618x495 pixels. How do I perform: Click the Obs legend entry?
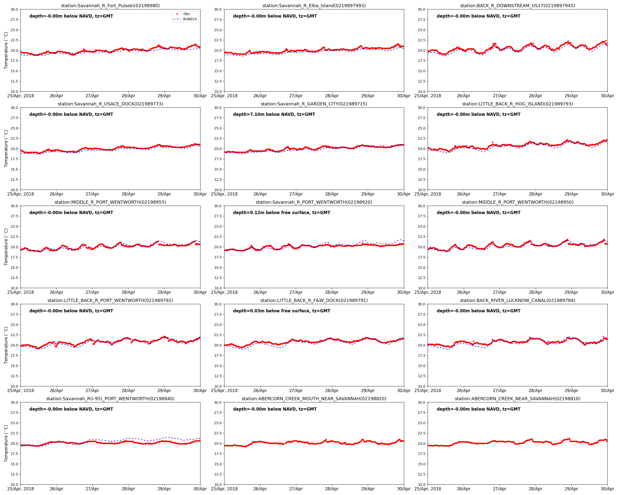pos(186,14)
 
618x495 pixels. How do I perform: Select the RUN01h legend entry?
pos(190,19)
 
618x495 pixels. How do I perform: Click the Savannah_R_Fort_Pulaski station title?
pos(110,5)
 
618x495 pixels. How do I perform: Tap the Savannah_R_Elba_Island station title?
pos(314,5)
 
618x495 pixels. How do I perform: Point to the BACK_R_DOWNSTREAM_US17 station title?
pos(517,5)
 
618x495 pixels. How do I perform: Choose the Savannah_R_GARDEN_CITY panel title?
pos(314,104)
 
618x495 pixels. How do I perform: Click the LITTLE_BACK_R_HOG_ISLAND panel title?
pos(517,104)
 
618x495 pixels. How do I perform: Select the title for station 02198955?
pos(110,202)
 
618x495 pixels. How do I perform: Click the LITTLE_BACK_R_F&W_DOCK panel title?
pos(314,300)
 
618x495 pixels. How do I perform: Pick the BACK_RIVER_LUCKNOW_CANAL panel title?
pos(517,300)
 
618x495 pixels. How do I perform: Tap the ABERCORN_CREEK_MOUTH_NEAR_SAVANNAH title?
pos(314,398)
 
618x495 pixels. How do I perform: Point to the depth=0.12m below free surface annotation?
pos(282,213)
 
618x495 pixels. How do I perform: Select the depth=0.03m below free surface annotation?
pos(282,311)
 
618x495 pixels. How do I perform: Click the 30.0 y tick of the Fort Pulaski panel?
pos(14,9)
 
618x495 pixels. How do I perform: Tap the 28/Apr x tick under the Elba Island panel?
pos(332,96)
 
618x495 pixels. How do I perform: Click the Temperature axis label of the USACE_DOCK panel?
pos(6,149)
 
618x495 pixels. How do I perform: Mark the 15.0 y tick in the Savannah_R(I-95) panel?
pos(14,464)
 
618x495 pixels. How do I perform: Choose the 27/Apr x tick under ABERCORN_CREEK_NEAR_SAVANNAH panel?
pos(500,489)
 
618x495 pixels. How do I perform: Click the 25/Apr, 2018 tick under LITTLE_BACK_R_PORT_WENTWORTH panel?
pos(21,391)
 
